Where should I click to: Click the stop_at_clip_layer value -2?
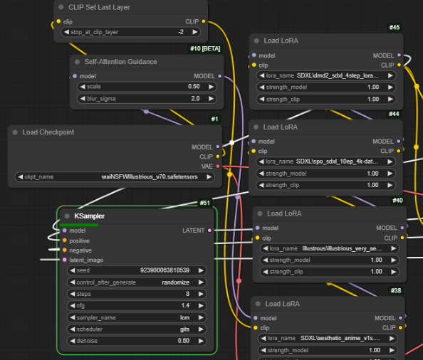(181, 32)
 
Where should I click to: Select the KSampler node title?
(89, 216)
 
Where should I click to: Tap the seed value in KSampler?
(164, 270)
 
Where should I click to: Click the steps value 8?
(187, 294)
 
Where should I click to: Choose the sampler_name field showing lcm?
(137, 317)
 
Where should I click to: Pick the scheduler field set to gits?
(137, 329)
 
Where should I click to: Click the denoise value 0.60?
(184, 341)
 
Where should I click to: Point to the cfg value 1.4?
(185, 305)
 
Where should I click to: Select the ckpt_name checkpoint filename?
(150, 176)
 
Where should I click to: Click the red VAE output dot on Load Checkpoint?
(218, 166)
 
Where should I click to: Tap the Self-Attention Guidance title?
(120, 62)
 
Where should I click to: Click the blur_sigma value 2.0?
(195, 99)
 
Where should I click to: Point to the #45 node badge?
(395, 27)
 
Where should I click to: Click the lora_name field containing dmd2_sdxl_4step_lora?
(326, 75)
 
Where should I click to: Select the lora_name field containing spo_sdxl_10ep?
(325, 162)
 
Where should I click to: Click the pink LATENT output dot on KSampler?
(209, 231)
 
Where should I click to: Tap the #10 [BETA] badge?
(205, 48)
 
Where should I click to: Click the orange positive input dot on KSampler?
(65, 240)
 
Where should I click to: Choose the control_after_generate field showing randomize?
(137, 282)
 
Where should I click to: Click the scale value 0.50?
(194, 87)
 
